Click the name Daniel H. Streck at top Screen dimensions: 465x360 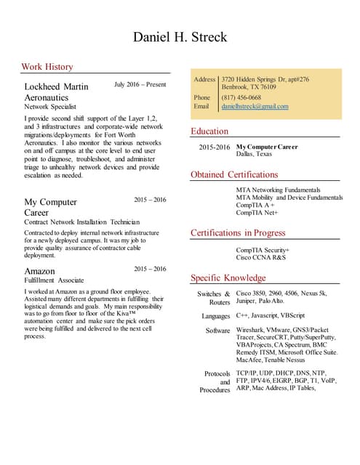click(180, 36)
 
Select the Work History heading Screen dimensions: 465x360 click(47, 67)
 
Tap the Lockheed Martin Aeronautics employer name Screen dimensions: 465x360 click(56, 92)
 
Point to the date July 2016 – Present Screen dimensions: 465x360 click(140, 85)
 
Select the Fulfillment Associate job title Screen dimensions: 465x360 click(54, 280)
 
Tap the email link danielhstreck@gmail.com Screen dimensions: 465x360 click(255, 106)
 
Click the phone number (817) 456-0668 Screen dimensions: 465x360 click(241, 97)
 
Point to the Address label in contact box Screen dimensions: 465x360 click(204, 79)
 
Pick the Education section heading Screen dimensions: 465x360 click(209, 132)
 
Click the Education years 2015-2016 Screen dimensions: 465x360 click(214, 147)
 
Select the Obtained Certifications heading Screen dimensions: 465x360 click(234, 175)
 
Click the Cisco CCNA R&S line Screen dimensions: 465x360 click(260, 257)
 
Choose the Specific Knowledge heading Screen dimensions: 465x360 click(228, 278)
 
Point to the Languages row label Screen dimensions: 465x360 click(215, 317)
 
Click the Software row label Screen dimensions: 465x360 click(217, 331)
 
